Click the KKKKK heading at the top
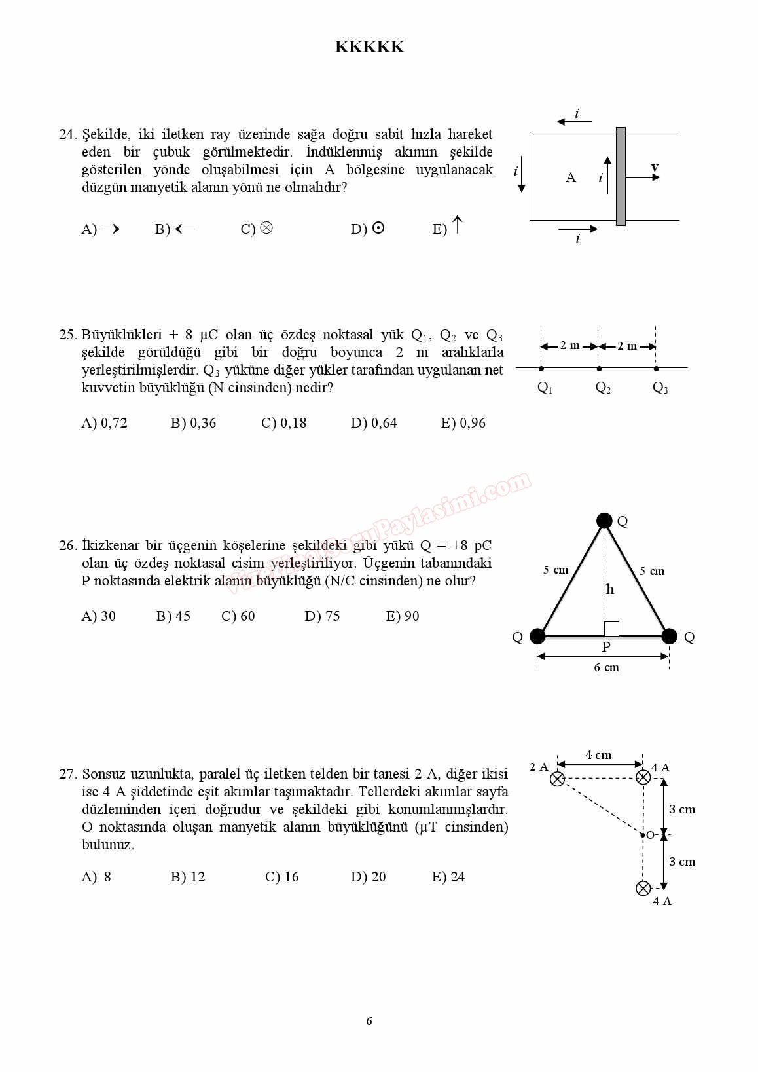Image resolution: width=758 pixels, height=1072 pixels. [x=369, y=47]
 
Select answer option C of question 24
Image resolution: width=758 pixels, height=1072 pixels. [x=257, y=229]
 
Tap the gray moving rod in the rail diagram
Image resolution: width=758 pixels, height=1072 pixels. [x=621, y=176]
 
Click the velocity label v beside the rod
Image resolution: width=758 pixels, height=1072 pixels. [x=655, y=168]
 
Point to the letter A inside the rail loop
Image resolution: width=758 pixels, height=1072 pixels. [x=571, y=177]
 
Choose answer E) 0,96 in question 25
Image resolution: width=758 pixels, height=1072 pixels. [x=463, y=423]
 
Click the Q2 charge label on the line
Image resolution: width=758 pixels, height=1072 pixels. [x=603, y=388]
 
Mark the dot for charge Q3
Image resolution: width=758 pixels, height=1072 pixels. [x=656, y=369]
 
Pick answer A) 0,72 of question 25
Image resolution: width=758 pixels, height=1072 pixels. [x=105, y=423]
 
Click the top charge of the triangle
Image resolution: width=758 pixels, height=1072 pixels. [x=604, y=521]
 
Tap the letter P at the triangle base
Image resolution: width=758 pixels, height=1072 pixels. [x=606, y=647]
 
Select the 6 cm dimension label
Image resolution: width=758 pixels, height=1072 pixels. [x=606, y=667]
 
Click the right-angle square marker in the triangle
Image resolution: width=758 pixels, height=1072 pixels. [x=611, y=629]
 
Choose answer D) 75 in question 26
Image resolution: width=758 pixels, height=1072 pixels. [x=322, y=616]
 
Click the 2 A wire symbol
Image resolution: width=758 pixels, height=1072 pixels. [x=557, y=779]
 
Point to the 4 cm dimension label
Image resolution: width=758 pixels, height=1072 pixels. [x=598, y=755]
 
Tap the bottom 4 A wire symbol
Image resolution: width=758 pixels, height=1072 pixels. [x=643, y=888]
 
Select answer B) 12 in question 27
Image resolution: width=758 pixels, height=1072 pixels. [x=188, y=877]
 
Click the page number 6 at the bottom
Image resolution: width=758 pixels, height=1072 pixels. [x=369, y=1021]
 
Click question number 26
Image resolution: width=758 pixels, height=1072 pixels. [x=67, y=545]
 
